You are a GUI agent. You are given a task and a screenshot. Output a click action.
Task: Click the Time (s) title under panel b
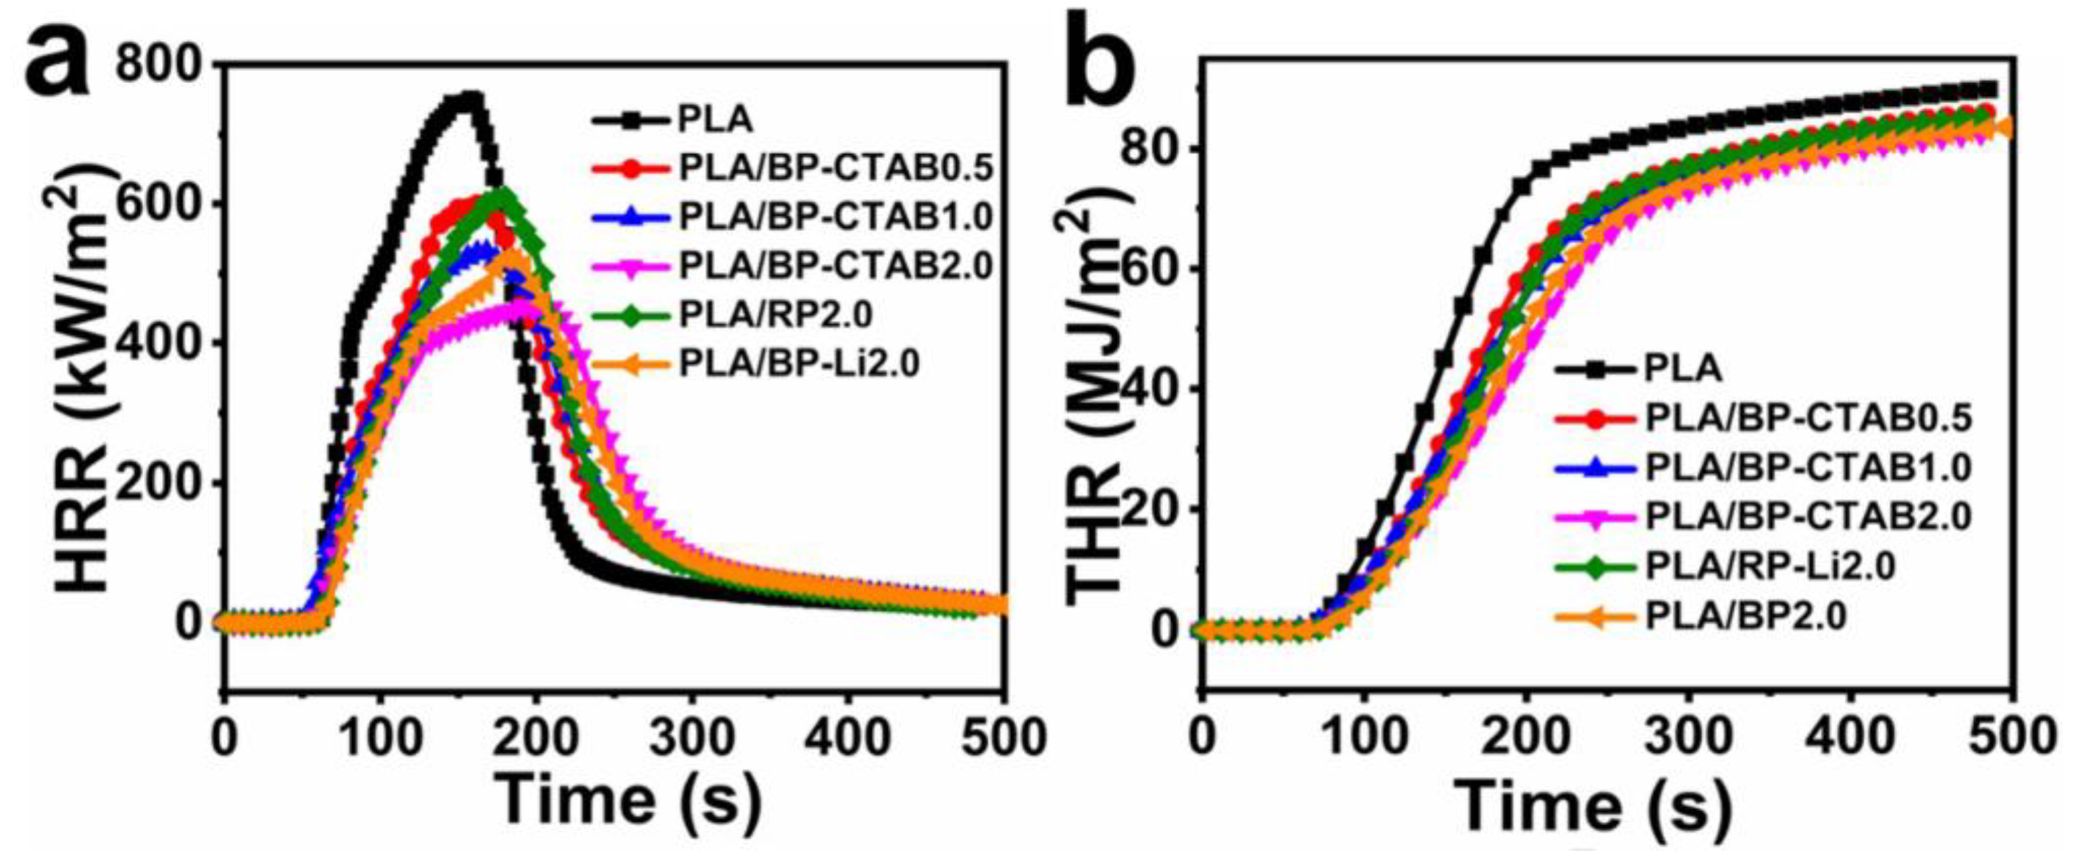tap(1594, 806)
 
